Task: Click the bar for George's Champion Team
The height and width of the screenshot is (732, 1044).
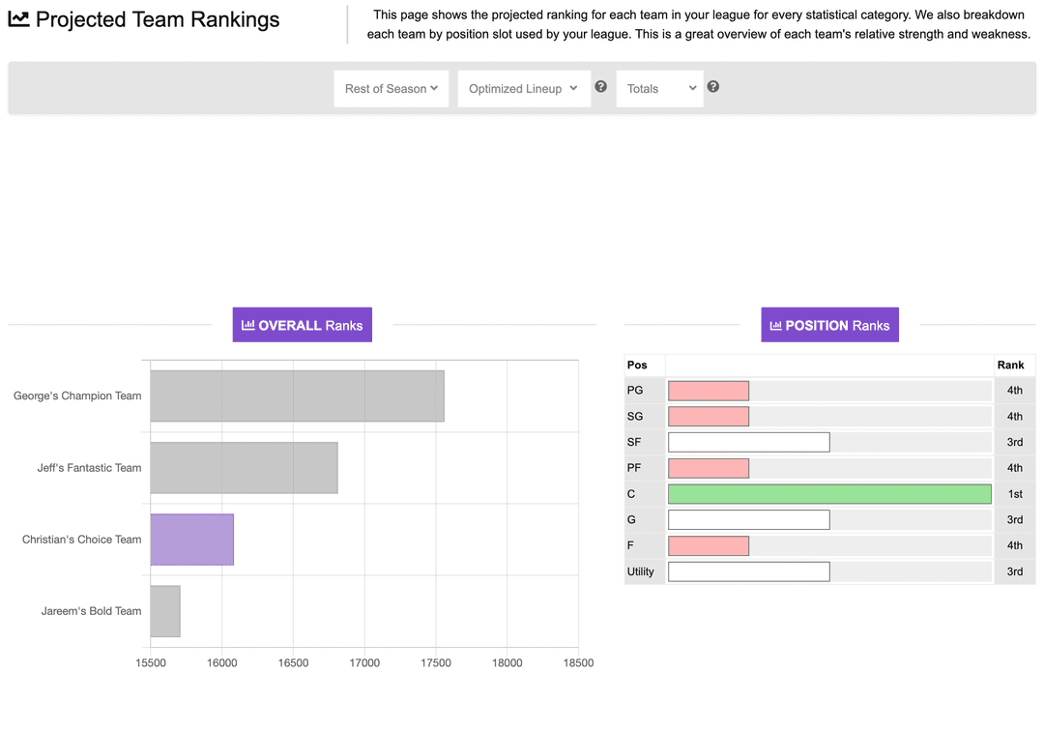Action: (x=297, y=395)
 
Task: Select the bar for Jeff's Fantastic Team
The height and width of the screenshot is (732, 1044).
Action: (x=244, y=468)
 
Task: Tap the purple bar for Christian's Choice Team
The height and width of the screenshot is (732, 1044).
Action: (x=191, y=540)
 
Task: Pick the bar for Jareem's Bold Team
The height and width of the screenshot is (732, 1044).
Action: (x=165, y=611)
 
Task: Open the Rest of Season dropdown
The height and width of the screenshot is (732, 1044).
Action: (x=391, y=89)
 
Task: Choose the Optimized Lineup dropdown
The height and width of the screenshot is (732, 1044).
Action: (x=523, y=89)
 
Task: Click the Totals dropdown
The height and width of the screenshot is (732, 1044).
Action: (x=659, y=89)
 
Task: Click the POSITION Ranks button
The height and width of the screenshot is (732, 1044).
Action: (x=829, y=325)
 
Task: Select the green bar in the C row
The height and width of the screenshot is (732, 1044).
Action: (x=829, y=494)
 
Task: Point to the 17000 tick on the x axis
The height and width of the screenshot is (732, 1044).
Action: (x=364, y=663)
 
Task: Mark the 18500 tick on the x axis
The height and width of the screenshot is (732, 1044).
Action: (x=578, y=663)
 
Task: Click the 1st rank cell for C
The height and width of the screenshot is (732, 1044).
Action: (x=1014, y=494)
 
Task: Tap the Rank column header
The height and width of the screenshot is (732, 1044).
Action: (x=1010, y=366)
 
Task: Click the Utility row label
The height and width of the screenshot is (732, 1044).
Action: (x=641, y=571)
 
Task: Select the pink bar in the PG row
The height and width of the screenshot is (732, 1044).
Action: (x=709, y=391)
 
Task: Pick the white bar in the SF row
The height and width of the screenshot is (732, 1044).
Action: (x=748, y=442)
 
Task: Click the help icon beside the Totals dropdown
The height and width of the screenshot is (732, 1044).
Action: (x=713, y=87)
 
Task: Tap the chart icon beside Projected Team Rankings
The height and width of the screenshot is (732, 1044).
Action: (x=18, y=19)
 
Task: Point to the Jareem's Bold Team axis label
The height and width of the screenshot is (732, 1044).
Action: (x=91, y=611)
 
